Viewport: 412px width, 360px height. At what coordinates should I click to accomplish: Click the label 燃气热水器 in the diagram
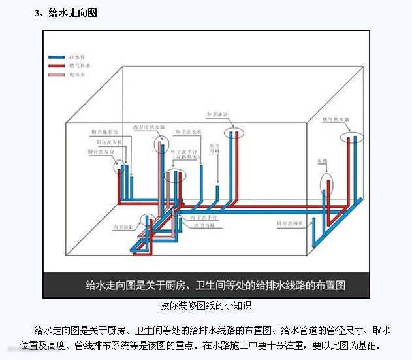click(x=336, y=120)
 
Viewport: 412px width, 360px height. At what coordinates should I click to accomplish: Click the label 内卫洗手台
click(x=202, y=216)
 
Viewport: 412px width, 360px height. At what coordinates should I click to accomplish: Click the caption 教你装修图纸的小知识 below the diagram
click(x=206, y=305)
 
